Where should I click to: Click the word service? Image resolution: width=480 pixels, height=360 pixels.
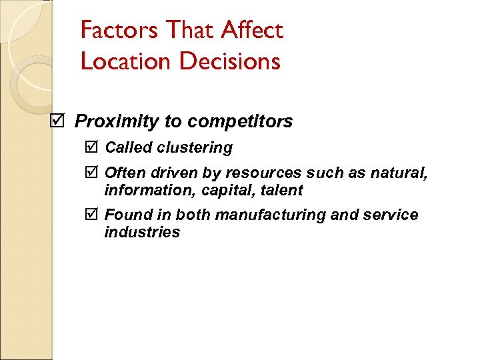(395, 215)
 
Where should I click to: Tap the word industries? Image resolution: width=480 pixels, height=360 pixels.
(142, 232)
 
